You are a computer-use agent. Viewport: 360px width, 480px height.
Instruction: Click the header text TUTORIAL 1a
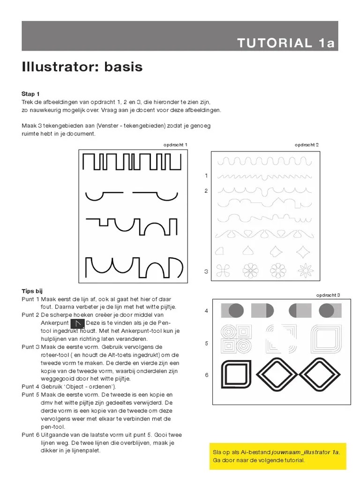pyautogui.click(x=286, y=43)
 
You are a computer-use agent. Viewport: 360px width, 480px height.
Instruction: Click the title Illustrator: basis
pyautogui.click(x=82, y=67)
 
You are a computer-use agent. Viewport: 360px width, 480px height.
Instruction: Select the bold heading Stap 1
pyautogui.click(x=30, y=94)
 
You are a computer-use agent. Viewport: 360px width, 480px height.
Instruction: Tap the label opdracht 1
pyautogui.click(x=175, y=145)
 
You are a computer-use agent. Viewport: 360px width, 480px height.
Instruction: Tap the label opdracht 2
pyautogui.click(x=307, y=145)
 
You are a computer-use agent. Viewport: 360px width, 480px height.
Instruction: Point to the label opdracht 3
pyautogui.click(x=328, y=295)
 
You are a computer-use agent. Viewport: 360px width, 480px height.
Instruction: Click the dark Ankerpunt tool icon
pyautogui.click(x=77, y=323)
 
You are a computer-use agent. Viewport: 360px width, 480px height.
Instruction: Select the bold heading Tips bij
pyautogui.click(x=32, y=291)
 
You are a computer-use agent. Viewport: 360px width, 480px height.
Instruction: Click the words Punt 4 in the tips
pyautogui.click(x=30, y=387)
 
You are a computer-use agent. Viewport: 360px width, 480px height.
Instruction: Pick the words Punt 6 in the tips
pyautogui.click(x=30, y=435)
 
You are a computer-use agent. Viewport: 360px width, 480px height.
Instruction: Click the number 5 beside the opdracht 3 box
pyautogui.click(x=206, y=344)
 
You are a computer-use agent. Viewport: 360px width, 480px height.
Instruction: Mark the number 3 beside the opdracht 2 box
pyautogui.click(x=206, y=271)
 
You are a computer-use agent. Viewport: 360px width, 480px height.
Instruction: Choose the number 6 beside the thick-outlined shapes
pyautogui.click(x=206, y=375)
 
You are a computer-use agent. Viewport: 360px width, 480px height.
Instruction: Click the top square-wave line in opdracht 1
pyautogui.click(x=132, y=162)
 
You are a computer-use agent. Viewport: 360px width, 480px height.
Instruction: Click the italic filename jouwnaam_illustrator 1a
pyautogui.click(x=305, y=452)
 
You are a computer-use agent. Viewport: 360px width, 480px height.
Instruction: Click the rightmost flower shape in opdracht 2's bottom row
pyautogui.click(x=306, y=270)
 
